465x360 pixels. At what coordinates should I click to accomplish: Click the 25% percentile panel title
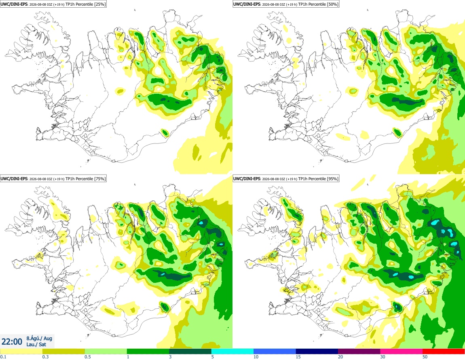coord(53,4)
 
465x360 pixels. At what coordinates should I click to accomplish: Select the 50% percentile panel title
coord(286,4)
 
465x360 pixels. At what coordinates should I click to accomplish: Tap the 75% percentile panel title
coord(53,179)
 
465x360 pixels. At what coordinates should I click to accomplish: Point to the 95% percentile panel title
coord(286,179)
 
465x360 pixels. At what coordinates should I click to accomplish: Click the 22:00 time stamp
coord(12,342)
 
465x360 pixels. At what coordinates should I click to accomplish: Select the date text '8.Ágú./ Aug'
coord(39,338)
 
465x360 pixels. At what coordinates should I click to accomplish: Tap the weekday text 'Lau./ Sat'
coord(36,344)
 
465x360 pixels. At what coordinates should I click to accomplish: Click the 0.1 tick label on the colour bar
coord(3,357)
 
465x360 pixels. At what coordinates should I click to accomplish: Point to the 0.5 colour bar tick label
coord(88,357)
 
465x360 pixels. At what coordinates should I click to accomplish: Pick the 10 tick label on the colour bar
coord(256,357)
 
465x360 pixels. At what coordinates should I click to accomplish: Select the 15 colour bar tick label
coord(298,357)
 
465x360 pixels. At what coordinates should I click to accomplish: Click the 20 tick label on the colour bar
coord(340,357)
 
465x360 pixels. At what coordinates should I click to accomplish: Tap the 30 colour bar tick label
coord(383,357)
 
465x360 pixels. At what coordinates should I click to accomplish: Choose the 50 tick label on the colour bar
coord(425,357)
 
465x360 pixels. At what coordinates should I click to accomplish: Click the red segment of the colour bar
coord(444,352)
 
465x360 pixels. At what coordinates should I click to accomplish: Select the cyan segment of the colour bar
coord(232,352)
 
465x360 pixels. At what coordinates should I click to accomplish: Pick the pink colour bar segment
coord(401,352)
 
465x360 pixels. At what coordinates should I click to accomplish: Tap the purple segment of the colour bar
coord(359,352)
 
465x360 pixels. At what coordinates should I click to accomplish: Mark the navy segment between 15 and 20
coord(317,352)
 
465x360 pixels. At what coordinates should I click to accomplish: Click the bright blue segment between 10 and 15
coord(275,352)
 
